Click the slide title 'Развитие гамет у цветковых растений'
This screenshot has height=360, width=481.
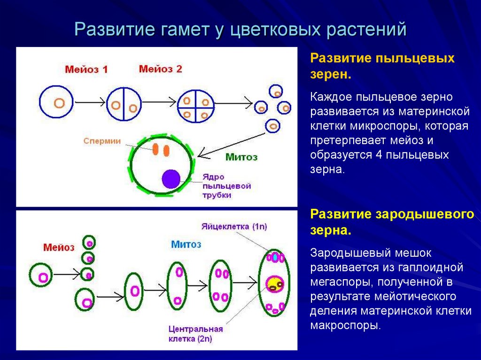click(240, 30)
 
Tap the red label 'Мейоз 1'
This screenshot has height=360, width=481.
click(86, 69)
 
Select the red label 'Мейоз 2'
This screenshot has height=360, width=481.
click(160, 69)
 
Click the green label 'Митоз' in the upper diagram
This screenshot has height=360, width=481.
click(241, 157)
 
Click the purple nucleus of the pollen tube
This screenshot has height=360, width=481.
click(171, 180)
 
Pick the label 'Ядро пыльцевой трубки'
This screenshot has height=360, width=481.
click(226, 186)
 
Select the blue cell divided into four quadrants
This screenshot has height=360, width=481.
click(196, 107)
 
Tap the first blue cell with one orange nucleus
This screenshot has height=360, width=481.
click(56, 102)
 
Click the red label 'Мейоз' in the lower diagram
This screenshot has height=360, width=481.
click(59, 247)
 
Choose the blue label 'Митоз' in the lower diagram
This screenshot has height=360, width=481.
click(186, 244)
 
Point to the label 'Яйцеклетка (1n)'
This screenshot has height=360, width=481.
click(234, 227)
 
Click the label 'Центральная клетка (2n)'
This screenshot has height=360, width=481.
click(195, 333)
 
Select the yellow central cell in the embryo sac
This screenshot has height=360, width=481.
click(274, 283)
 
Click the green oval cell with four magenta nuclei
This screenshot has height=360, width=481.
click(220, 285)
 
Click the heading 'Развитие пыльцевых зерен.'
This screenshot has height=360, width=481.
click(382, 66)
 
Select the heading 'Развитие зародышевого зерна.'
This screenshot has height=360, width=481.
click(392, 222)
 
